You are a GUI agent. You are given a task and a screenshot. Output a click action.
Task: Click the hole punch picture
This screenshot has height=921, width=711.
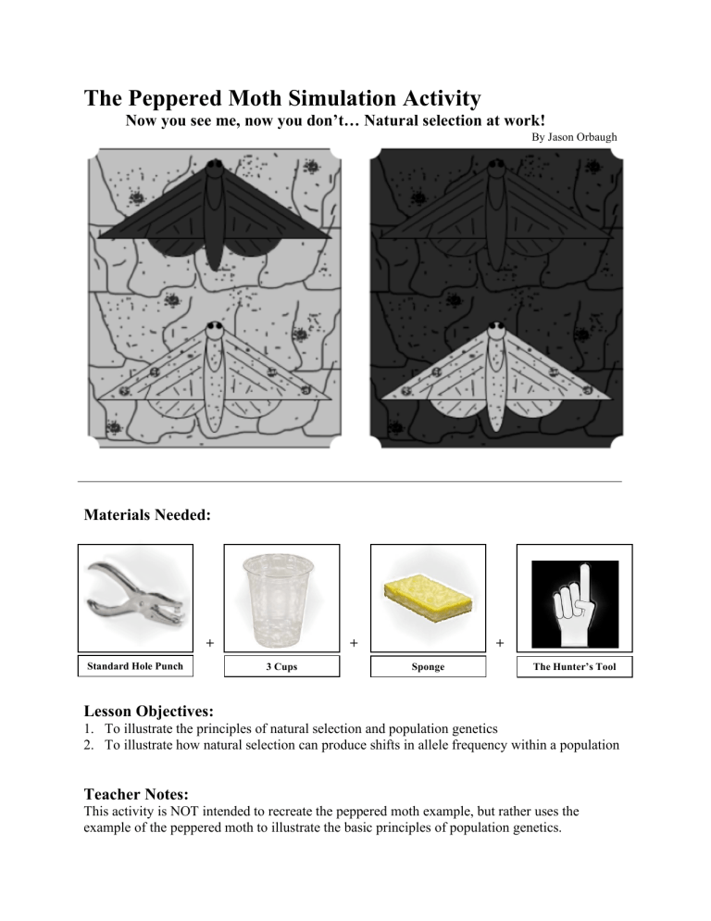(x=134, y=599)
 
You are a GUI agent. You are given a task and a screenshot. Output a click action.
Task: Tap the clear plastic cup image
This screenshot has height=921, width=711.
(x=281, y=600)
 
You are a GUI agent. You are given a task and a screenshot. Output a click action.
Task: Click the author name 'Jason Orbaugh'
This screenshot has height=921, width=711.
(x=582, y=138)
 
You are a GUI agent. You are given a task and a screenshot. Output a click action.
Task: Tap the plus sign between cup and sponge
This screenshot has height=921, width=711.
(x=355, y=641)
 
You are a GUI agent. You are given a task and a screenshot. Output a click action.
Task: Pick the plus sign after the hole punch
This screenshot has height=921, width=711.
(x=209, y=641)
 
